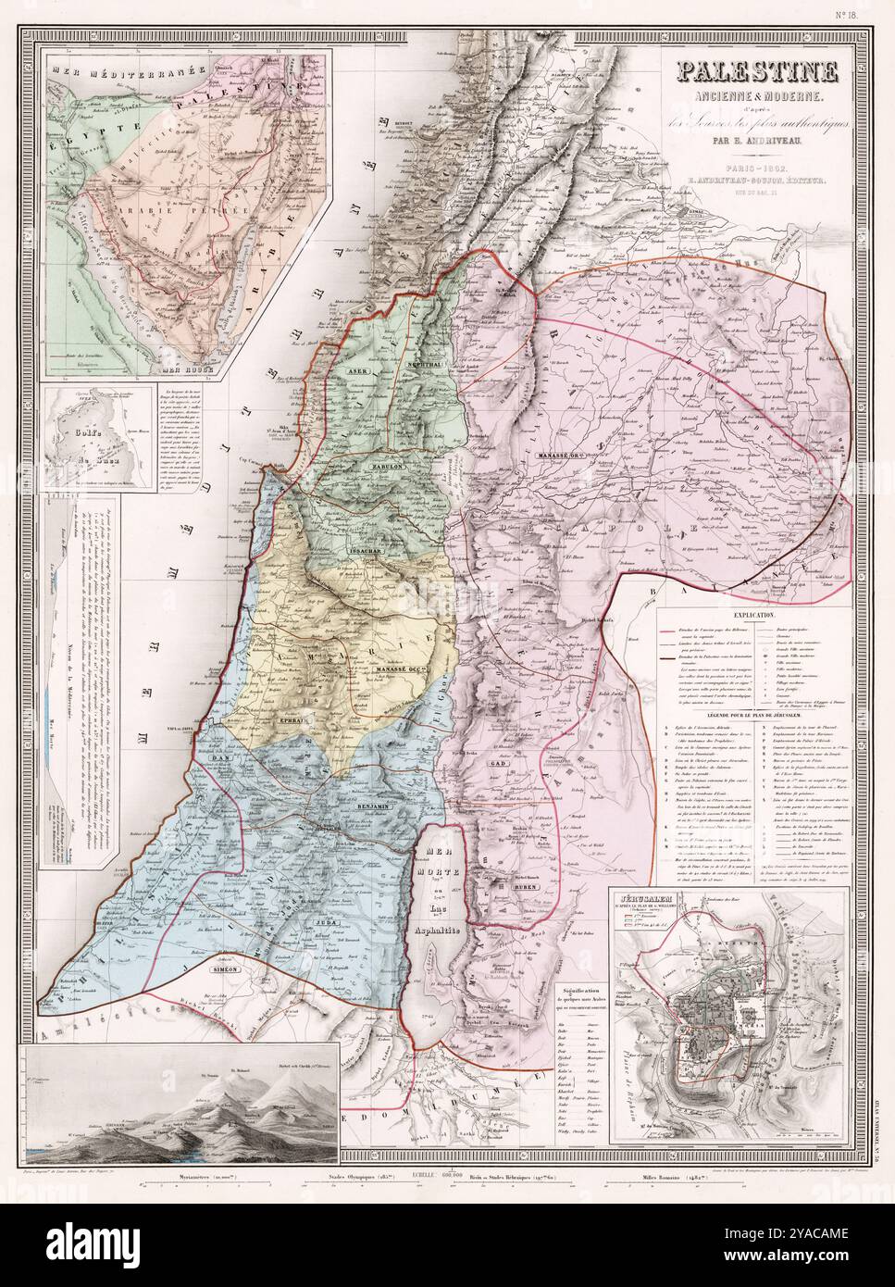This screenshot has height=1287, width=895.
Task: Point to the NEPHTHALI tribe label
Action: [x=426, y=368]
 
